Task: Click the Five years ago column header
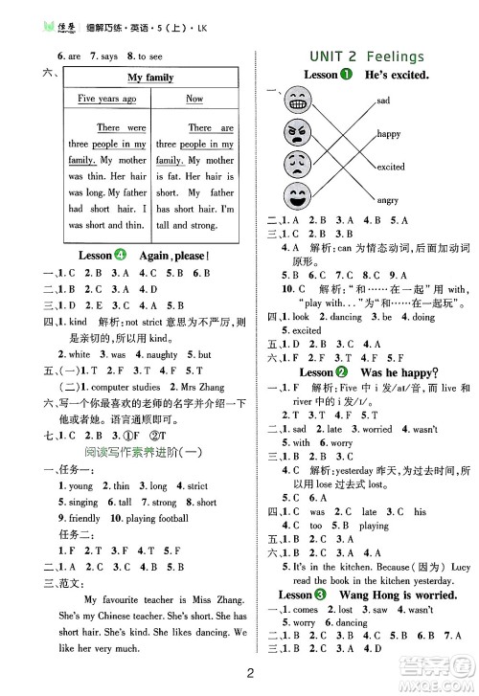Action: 106,99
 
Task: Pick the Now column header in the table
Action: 194,99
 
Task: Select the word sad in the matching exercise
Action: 383,101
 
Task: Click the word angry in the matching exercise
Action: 387,200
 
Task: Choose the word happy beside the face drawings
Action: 388,134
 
